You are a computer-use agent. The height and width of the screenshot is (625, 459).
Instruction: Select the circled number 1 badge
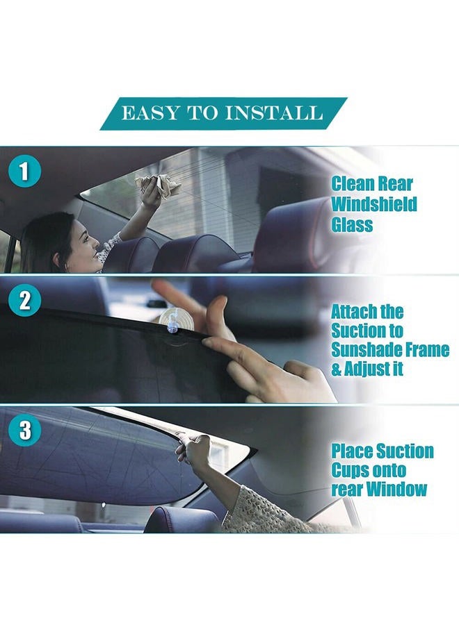(x=25, y=172)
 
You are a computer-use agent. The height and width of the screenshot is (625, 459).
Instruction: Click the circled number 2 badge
(x=25, y=300)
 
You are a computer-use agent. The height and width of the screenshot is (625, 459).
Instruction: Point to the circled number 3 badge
(x=25, y=431)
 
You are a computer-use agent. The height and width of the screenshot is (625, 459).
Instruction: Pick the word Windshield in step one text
(x=374, y=204)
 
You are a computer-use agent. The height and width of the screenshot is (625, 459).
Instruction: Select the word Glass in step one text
(x=352, y=224)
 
